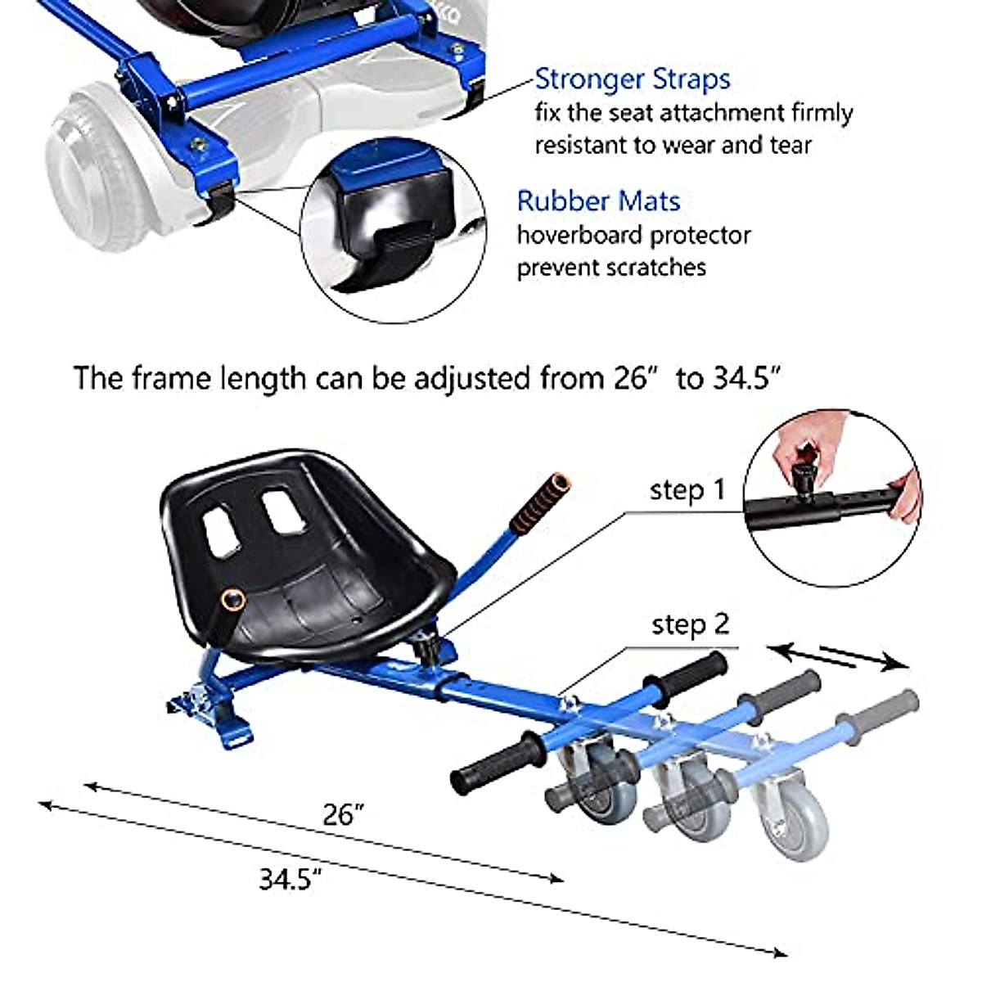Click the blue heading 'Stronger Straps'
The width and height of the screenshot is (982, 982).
632,79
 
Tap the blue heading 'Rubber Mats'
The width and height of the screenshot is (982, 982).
598,200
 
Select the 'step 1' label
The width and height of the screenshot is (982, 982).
687,490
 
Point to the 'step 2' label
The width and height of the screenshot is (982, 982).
690,624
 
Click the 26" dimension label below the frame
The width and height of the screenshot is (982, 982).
343,814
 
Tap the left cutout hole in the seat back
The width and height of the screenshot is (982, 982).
220,532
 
